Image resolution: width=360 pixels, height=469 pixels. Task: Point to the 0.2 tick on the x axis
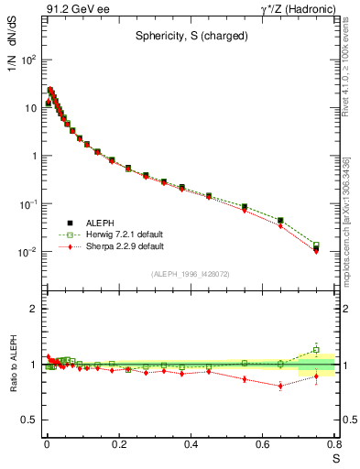pos(118,446)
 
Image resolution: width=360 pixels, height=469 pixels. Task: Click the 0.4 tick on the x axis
pos(191,446)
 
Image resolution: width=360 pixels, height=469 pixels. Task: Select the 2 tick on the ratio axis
pos(32,309)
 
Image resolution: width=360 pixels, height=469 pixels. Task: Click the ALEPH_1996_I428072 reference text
pos(191,274)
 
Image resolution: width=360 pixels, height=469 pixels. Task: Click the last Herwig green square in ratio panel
pos(316,350)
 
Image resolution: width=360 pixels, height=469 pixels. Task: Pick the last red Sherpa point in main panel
pos(316,251)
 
